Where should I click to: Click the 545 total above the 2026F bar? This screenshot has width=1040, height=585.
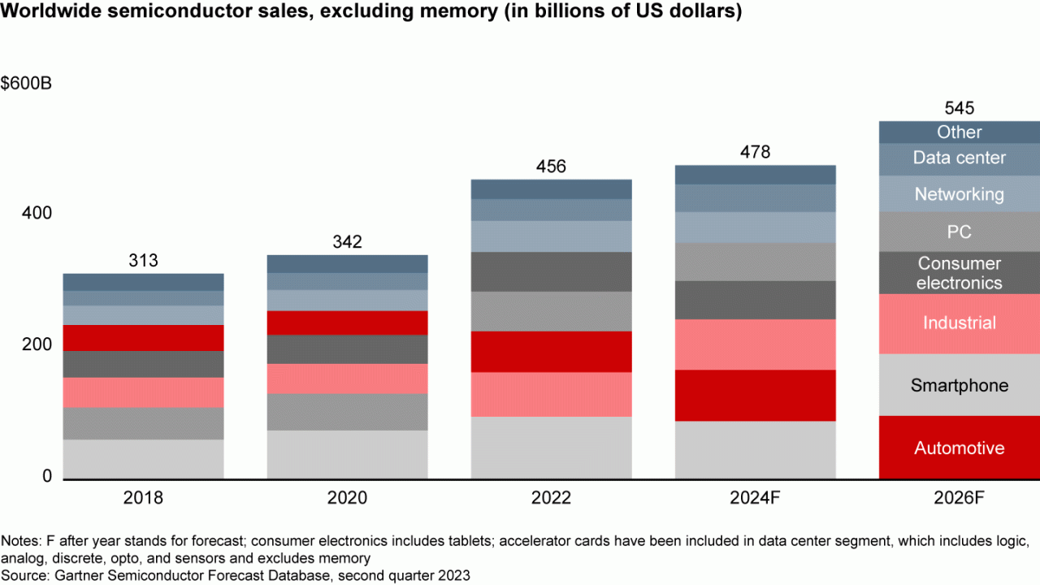tap(960, 108)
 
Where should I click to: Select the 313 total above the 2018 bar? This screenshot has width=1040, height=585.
tap(143, 261)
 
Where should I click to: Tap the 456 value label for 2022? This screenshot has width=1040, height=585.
tap(552, 167)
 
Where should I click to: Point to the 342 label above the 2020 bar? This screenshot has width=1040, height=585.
tap(347, 242)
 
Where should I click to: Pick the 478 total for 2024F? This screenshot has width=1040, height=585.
tap(755, 152)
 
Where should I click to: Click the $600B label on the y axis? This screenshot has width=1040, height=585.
tap(27, 84)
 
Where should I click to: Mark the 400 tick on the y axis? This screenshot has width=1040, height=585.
tap(37, 213)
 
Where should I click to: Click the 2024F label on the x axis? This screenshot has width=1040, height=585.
tap(755, 498)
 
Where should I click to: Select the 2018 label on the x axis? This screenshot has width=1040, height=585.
tap(143, 498)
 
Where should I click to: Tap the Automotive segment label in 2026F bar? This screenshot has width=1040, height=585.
tap(960, 448)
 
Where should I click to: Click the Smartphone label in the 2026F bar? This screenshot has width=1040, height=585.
tap(960, 385)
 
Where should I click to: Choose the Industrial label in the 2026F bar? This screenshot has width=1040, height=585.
tap(960, 323)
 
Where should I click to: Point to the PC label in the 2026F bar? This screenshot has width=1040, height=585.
tap(960, 232)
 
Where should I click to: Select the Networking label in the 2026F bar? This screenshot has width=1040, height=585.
tap(960, 194)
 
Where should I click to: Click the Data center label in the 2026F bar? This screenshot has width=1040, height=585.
tap(960, 158)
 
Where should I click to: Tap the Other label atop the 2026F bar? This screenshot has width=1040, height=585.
tap(960, 132)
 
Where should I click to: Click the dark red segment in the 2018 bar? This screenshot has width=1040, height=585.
tap(143, 338)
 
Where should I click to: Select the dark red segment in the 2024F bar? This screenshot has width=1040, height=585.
tap(755, 395)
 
